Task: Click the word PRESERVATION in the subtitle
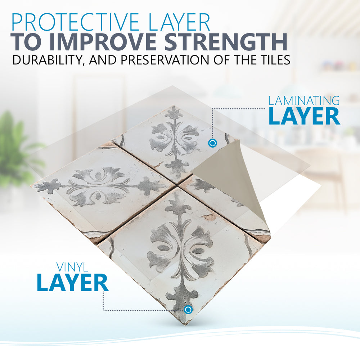point(164,60)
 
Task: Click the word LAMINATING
point(304,101)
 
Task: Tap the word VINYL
point(72,267)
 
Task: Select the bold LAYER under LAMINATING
point(304,116)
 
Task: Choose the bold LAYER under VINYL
point(72,282)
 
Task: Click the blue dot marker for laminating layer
point(213,143)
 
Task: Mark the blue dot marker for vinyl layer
point(188,310)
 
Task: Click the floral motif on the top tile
point(175,140)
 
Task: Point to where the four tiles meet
point(177,184)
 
